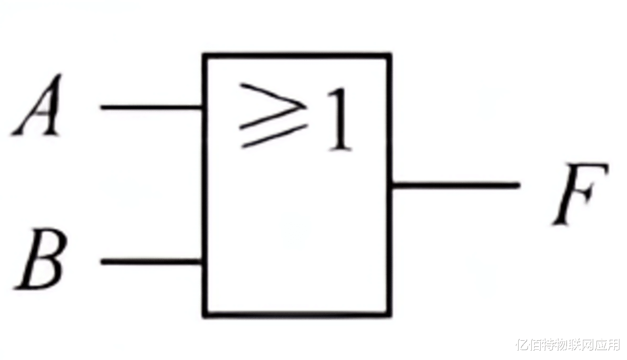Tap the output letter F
pyautogui.click(x=580, y=195)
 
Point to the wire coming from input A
pyautogui.click(x=152, y=107)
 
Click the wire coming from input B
pyautogui.click(x=152, y=262)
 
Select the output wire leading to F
pyautogui.click(x=455, y=185)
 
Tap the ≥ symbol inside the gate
pyautogui.click(x=273, y=115)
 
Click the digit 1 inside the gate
pyautogui.click(x=339, y=120)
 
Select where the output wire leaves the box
pyautogui.click(x=391, y=185)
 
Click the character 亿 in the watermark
pyautogui.click(x=522, y=345)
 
